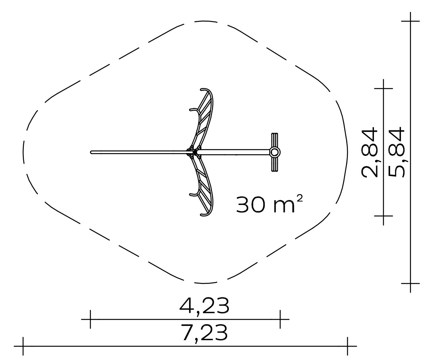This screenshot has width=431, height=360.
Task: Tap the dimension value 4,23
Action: point(204,306)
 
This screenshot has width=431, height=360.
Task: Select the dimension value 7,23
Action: point(204,333)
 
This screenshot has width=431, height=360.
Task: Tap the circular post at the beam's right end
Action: point(274,152)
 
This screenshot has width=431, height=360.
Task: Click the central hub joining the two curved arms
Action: point(193,152)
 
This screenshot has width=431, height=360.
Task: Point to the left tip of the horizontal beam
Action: point(91,152)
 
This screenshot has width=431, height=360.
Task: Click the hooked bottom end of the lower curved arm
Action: point(204,215)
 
